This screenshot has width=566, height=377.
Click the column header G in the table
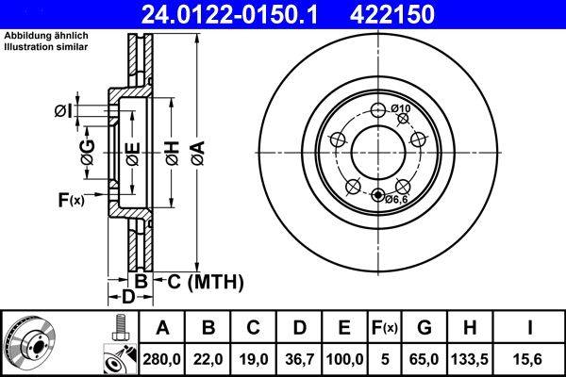point(424,328)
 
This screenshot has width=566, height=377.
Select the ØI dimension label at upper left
point(62,111)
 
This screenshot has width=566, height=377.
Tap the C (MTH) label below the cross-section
point(205,281)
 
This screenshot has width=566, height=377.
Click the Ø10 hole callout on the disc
point(402,109)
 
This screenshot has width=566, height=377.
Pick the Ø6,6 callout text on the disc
point(396,199)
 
